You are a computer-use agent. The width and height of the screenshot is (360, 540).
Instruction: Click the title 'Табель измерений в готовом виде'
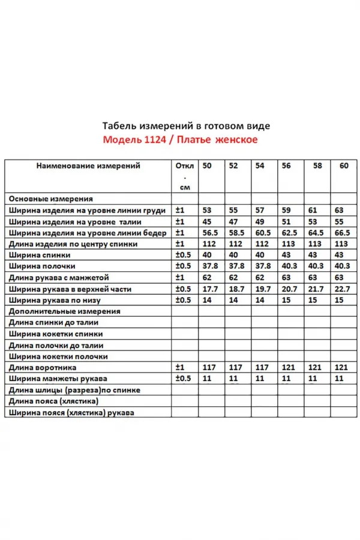tap(187, 126)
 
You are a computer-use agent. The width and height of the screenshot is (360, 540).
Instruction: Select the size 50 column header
tap(207, 166)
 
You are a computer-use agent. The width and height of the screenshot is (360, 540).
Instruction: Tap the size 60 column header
tap(343, 166)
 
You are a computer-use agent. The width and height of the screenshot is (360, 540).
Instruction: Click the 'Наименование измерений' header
tap(88, 166)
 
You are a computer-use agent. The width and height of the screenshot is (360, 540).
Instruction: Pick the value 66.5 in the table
tap(343, 232)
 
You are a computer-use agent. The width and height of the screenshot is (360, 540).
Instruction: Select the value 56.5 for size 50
tap(209, 232)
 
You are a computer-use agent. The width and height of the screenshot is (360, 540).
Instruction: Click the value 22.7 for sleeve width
tap(343, 289)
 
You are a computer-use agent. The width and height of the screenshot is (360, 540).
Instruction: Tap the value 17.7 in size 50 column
tap(209, 289)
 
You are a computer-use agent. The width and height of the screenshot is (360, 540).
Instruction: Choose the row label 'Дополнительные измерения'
tap(65, 311)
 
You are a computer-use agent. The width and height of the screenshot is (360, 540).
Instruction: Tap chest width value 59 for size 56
tap(286, 210)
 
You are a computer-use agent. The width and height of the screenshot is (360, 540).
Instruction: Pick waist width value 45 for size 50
tap(207, 221)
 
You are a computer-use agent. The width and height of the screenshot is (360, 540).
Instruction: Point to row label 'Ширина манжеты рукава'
tap(58, 379)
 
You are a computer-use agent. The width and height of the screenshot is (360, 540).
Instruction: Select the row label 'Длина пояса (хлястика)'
tap(54, 401)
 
